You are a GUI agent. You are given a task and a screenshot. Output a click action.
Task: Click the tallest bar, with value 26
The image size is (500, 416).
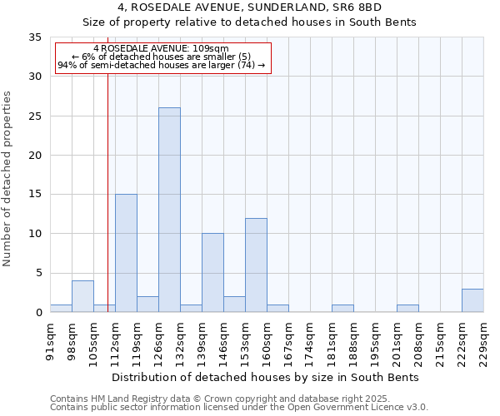169,210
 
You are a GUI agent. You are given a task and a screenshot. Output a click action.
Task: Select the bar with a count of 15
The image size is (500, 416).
126,253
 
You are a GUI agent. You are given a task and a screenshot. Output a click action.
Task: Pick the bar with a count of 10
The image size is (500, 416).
212,272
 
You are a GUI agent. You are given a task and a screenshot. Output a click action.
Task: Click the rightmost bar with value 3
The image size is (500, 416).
472,300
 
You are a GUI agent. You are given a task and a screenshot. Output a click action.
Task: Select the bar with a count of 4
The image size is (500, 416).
82,296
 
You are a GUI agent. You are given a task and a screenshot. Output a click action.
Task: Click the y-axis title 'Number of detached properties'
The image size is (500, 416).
8,179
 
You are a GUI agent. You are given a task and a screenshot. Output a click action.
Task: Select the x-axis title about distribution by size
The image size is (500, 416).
264,377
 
